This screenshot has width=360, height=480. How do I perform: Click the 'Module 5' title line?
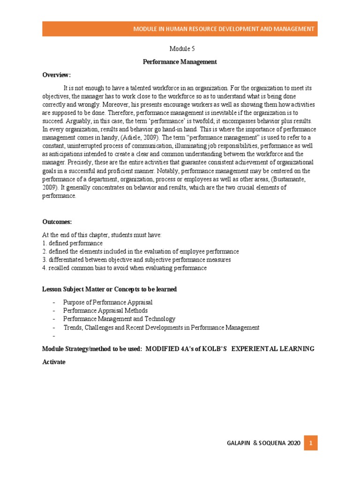[x=180, y=49]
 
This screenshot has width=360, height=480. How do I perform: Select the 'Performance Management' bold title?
[x=180, y=62]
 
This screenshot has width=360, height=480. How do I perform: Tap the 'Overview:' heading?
[x=56, y=75]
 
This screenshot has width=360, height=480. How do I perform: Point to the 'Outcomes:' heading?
[x=57, y=221]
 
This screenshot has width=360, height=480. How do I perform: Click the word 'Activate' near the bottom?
[x=54, y=362]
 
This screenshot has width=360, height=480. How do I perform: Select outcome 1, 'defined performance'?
[x=73, y=243]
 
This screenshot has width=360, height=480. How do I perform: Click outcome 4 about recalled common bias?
[x=124, y=268]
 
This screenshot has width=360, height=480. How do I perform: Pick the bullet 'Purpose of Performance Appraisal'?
[x=108, y=302]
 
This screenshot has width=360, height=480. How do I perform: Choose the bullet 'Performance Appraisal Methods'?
[x=105, y=311]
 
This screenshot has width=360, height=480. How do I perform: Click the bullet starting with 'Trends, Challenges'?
[x=161, y=327]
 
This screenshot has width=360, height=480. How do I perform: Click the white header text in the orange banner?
[x=224, y=29]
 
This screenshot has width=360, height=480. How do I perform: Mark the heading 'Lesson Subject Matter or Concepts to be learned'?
[x=109, y=289]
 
